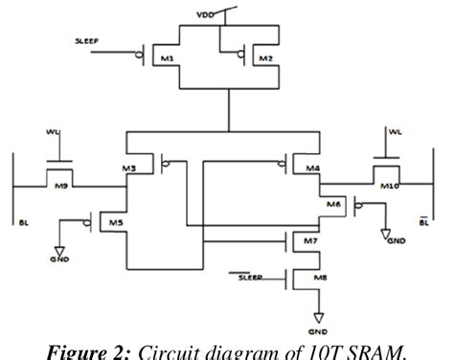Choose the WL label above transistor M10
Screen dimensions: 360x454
[394, 130]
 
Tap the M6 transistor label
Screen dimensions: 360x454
[332, 205]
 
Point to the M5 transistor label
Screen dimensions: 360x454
[115, 222]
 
